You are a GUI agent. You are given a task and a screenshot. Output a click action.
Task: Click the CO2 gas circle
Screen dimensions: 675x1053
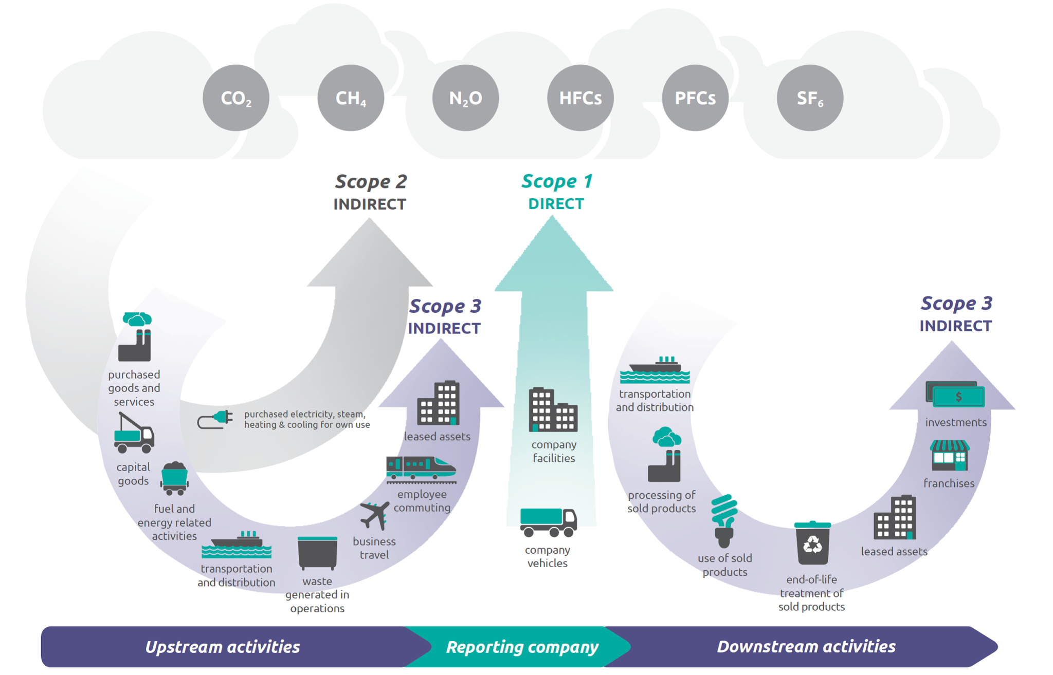[x=235, y=98]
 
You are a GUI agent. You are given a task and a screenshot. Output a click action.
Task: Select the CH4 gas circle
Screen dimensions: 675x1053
[x=351, y=98]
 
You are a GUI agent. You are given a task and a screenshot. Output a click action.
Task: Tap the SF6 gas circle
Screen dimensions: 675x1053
[x=809, y=98]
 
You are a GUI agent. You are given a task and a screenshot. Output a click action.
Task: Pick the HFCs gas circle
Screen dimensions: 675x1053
[x=580, y=98]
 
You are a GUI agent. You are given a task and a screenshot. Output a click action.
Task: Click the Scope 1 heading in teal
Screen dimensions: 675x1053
[x=556, y=181]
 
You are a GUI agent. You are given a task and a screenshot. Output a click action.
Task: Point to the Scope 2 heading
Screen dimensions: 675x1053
[x=370, y=182]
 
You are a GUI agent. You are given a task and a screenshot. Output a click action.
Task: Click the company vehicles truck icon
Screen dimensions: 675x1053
[x=548, y=522]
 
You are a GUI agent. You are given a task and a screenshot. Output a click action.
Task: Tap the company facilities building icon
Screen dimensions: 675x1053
[x=553, y=409]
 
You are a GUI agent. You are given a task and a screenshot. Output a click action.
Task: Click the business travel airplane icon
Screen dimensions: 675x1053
[x=375, y=515]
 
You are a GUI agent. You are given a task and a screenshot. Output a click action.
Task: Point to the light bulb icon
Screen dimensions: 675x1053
[x=724, y=520]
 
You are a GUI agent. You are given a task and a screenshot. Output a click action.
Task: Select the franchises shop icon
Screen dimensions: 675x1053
[x=949, y=455]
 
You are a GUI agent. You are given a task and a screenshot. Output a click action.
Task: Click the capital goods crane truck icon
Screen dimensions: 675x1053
[x=134, y=434]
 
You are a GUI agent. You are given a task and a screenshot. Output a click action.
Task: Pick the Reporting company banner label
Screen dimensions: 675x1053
[x=521, y=647]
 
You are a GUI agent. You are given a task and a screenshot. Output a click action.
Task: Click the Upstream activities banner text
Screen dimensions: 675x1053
[x=222, y=647]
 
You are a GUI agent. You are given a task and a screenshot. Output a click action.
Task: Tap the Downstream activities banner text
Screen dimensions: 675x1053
[x=806, y=646]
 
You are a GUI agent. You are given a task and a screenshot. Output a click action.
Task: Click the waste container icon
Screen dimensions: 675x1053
[x=317, y=553]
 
